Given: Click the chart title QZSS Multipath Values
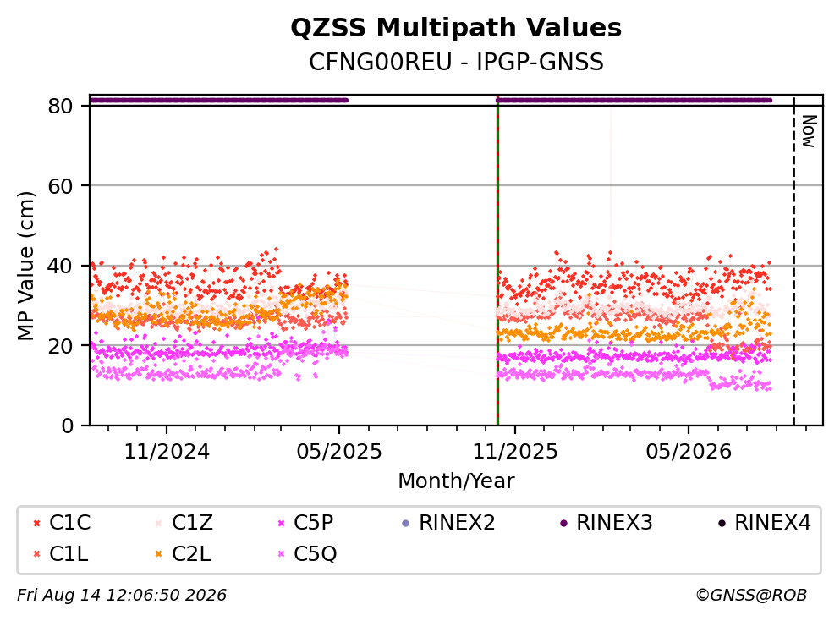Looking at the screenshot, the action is (x=456, y=28).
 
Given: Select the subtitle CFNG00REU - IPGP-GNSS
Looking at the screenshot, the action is (x=456, y=62).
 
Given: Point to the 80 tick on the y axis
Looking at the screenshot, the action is (x=60, y=106).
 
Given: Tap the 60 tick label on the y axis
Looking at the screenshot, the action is (x=60, y=186).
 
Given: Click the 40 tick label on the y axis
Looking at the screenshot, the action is (x=60, y=266).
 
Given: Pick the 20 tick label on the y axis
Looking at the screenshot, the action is (x=60, y=345).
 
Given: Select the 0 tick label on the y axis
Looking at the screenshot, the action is (x=67, y=426).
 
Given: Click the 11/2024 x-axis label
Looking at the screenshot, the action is (x=167, y=452).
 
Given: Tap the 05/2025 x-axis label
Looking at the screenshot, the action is (x=339, y=452).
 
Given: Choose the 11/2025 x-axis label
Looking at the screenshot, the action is (x=515, y=452).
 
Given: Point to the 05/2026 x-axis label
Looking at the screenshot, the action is (x=689, y=452).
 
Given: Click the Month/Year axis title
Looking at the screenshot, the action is (x=456, y=481).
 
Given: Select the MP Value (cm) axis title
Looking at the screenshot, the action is (x=25, y=266).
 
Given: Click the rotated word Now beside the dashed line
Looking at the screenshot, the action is (x=809, y=131).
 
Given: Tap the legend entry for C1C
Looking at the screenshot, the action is (x=62, y=522).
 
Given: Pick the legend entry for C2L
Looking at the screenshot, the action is (x=183, y=554).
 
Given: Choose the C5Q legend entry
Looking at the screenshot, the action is (x=307, y=554).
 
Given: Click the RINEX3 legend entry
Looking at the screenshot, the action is (x=607, y=522).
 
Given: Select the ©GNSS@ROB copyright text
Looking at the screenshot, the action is (x=751, y=595).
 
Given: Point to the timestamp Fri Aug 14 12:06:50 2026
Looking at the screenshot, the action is (x=122, y=595).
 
